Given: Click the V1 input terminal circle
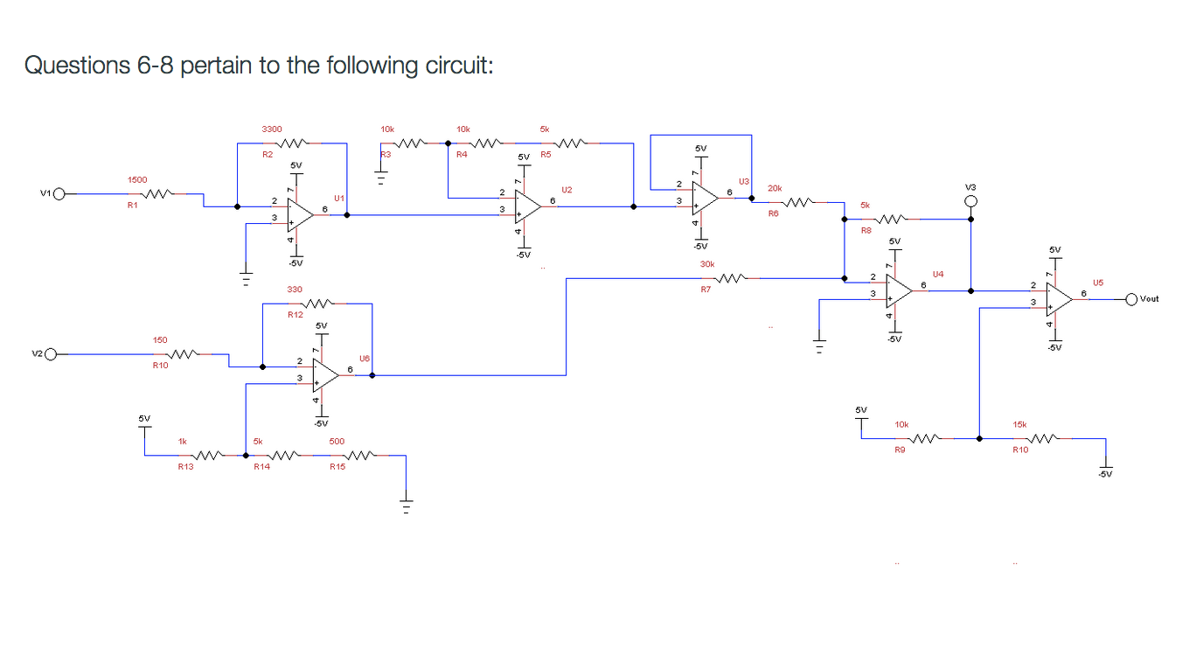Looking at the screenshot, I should [59, 194].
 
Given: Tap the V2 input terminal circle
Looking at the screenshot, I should [51, 354].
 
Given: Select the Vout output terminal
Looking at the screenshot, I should [1132, 299].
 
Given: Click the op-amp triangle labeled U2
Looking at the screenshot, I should [527, 206].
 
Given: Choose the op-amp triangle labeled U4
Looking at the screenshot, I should [898, 290].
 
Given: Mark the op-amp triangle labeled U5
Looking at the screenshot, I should [1059, 299].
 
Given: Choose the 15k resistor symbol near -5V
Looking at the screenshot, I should [1044, 438].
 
